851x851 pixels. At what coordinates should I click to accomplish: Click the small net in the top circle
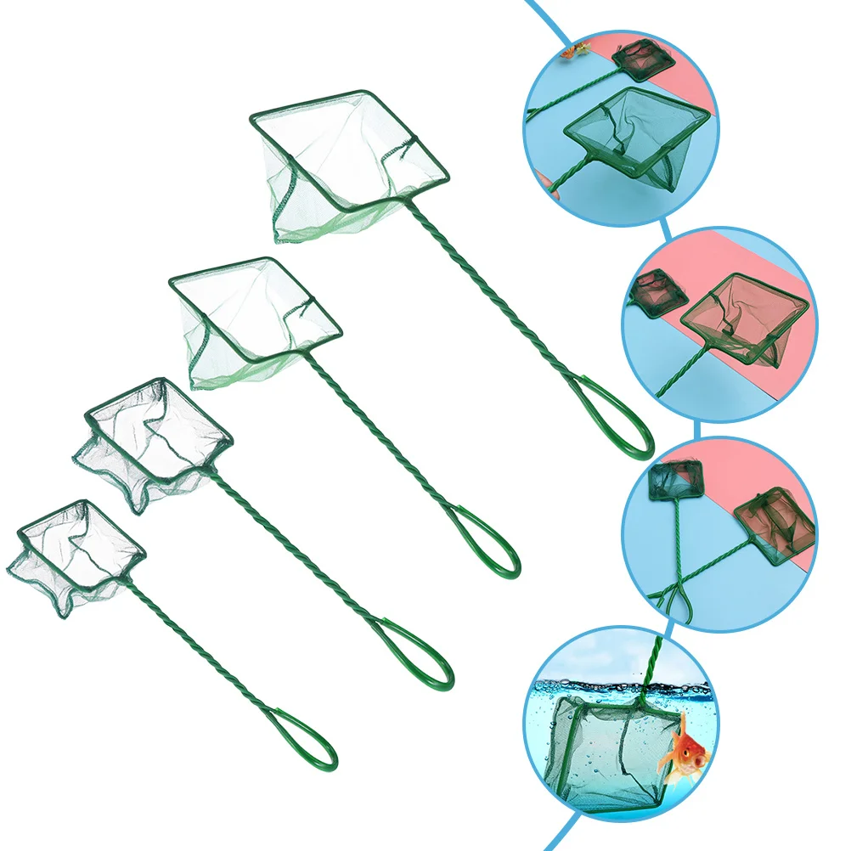click(x=644, y=58)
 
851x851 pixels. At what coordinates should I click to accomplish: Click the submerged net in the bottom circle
click(x=603, y=747)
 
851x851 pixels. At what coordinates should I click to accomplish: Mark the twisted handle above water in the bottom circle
click(x=654, y=662)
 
